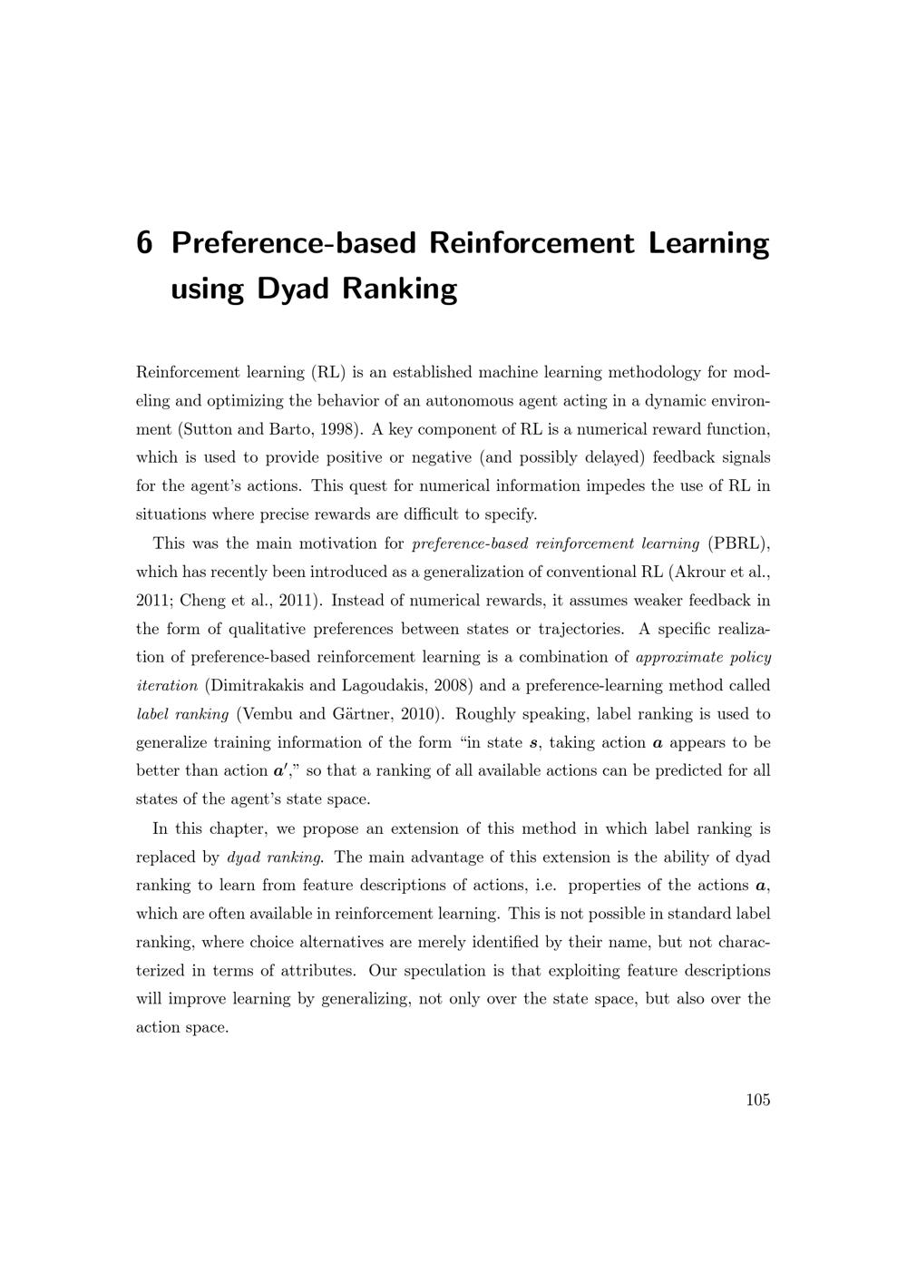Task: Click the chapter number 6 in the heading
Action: coord(143,243)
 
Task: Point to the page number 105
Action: coord(758,1100)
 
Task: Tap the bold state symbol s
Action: coord(534,743)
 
